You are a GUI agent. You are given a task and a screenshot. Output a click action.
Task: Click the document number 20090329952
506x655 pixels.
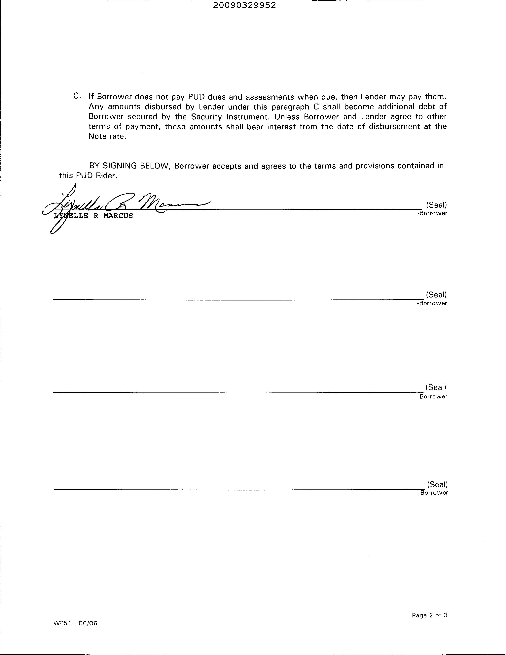click(x=244, y=5)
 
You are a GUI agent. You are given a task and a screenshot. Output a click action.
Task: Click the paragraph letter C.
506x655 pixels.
click(x=77, y=96)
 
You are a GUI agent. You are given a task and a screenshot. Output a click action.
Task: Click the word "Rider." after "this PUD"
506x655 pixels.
click(x=106, y=175)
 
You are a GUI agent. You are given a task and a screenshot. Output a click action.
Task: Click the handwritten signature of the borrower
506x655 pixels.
click(x=126, y=204)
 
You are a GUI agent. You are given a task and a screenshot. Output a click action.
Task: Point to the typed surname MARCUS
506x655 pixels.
click(x=118, y=216)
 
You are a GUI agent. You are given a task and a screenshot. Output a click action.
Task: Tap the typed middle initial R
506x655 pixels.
click(x=96, y=216)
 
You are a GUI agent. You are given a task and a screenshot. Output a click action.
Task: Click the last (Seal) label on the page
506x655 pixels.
click(x=437, y=484)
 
